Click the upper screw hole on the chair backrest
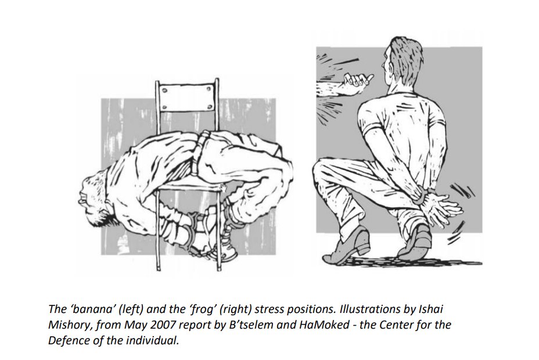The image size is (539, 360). tap(164, 91)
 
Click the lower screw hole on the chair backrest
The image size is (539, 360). tap(164, 107)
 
